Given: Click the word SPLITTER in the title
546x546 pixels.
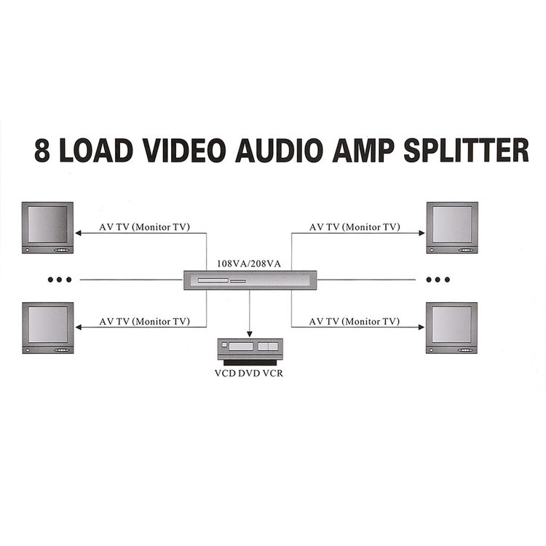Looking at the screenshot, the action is tap(466, 150).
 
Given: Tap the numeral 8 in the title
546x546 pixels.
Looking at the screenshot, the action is tap(41, 150).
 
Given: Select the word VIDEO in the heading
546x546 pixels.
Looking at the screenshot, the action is tap(184, 150).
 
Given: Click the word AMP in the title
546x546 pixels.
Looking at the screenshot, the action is tap(363, 150).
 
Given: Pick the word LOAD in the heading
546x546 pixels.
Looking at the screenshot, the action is tap(95, 150).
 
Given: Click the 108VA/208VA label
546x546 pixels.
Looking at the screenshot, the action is tap(249, 264).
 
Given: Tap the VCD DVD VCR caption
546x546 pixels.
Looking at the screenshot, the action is tap(249, 373).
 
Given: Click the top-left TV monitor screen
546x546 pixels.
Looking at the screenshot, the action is tap(48, 224).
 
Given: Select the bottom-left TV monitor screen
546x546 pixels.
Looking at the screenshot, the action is tap(48, 325).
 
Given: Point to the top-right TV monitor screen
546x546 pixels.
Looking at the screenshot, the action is tap(452, 224).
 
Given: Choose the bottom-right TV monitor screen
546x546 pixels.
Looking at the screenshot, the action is tap(451, 325).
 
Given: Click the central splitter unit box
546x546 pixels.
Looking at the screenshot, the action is tap(250, 280).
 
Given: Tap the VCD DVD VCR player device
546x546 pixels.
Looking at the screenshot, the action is tap(250, 352).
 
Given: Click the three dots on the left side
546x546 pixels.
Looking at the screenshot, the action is tap(60, 280).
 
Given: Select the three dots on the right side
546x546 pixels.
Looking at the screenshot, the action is tap(438, 280).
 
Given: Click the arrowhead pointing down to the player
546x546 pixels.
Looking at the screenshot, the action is tap(249, 334).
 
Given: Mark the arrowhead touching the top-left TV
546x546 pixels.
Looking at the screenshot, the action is tap(79, 233).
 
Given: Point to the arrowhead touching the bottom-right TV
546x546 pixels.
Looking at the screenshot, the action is tap(422, 327).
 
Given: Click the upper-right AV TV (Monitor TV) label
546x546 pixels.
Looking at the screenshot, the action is tap(355, 227).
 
